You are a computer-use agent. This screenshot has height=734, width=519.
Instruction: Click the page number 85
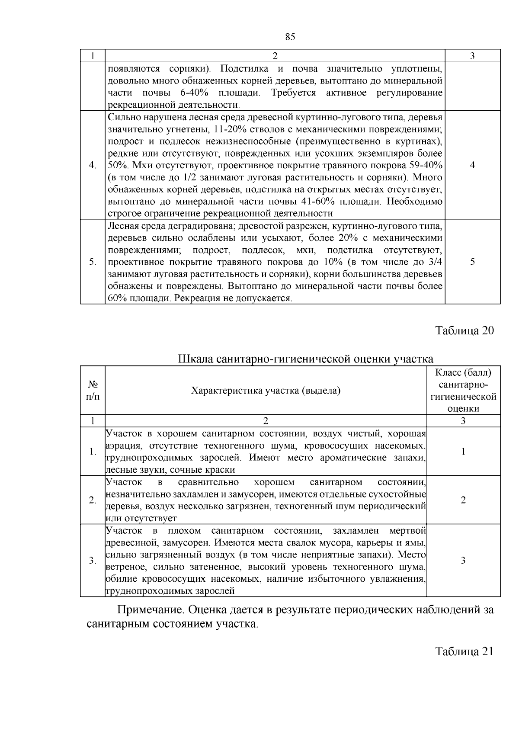290,37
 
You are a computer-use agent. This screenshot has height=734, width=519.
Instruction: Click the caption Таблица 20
464,331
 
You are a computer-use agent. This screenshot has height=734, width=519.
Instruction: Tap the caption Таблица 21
464,652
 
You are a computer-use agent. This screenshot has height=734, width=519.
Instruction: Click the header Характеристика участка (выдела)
266,391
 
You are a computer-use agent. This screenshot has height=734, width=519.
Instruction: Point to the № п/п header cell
93,391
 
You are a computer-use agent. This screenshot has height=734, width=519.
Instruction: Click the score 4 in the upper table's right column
472,165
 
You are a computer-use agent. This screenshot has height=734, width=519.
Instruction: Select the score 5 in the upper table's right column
472,262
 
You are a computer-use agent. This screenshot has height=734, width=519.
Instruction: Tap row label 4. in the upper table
92,165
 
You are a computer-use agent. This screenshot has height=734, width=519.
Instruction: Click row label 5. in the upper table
92,262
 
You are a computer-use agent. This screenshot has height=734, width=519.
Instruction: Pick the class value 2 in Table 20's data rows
463,500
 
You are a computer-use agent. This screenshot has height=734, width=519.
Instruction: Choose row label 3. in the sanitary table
92,561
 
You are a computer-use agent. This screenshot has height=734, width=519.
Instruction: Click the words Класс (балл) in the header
463,373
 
